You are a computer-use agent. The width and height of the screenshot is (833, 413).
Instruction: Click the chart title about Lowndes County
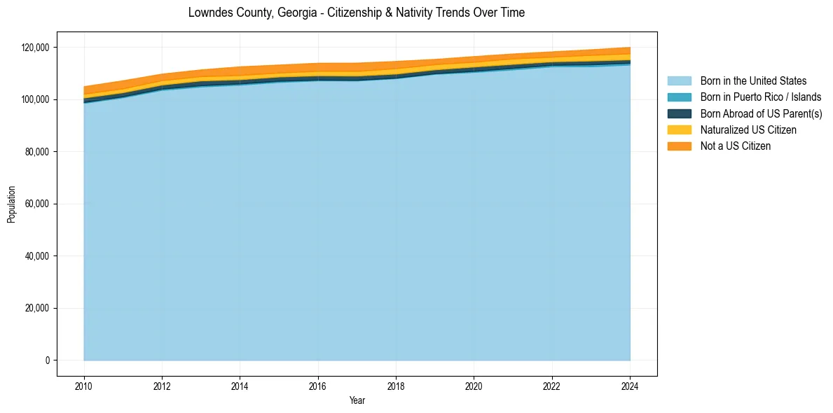click(x=357, y=13)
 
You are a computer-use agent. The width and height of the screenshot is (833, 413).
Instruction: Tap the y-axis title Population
click(x=11, y=204)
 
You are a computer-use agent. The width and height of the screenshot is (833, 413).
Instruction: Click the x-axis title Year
click(x=357, y=400)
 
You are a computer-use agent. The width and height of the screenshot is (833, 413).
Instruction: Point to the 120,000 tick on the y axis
click(x=35, y=48)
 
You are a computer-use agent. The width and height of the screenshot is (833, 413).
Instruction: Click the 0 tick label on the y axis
click(x=48, y=360)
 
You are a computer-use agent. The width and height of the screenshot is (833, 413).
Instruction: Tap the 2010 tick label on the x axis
click(x=84, y=384)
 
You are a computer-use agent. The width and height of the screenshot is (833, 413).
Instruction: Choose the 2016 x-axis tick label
click(x=318, y=384)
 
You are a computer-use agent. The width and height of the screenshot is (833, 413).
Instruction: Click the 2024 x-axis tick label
click(x=630, y=384)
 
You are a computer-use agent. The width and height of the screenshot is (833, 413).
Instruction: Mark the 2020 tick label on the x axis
click(x=474, y=384)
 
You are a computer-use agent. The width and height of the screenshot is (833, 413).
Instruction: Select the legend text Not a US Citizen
click(x=736, y=146)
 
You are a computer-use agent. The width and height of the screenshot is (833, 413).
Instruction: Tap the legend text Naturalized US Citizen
click(x=748, y=130)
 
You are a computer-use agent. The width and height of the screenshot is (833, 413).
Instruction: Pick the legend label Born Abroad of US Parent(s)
click(x=761, y=113)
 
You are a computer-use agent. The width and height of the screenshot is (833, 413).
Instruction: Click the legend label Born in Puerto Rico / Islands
click(x=761, y=97)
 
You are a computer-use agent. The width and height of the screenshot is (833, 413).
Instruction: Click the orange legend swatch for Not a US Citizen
click(x=679, y=146)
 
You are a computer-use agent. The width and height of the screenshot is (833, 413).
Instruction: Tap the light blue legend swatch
click(x=679, y=81)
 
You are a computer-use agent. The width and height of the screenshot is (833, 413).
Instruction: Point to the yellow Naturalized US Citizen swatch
click(x=679, y=130)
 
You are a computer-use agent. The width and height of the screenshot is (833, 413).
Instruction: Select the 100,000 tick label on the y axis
click(x=35, y=99)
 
